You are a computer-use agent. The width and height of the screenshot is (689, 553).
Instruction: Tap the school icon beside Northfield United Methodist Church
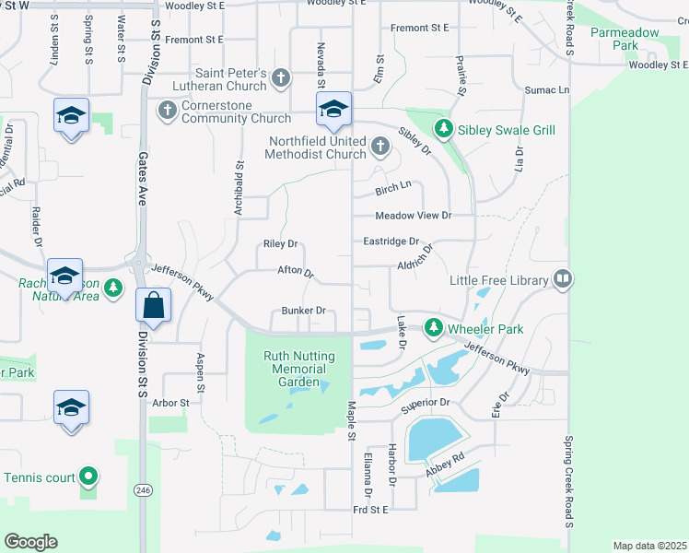333,112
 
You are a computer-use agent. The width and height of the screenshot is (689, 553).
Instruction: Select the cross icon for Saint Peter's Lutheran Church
282,79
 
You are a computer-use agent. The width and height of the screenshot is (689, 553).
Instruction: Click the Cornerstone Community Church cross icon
167,111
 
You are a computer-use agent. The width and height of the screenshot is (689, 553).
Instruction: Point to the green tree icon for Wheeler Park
433,328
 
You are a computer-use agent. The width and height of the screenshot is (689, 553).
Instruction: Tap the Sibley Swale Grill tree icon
444,130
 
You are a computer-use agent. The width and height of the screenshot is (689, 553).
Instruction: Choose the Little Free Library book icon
562,279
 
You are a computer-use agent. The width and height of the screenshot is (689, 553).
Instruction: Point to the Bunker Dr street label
304,311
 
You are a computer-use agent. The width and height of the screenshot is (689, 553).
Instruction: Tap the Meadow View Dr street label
414,216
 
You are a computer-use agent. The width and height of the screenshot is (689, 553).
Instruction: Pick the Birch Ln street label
392,188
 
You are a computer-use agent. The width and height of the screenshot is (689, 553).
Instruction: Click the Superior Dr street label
425,403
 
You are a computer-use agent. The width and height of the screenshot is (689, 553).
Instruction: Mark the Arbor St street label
170,403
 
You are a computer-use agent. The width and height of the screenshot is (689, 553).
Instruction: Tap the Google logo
31,541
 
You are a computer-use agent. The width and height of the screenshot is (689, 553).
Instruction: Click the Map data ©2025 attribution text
649,546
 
